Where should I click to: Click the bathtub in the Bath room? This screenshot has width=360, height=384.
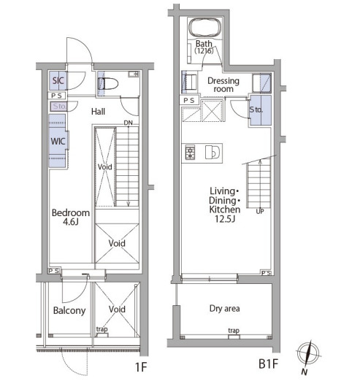205,28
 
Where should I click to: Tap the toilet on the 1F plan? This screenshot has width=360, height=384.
108,83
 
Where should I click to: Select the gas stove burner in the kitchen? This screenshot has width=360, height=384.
190,153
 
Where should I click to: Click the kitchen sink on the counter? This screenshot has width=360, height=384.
212,153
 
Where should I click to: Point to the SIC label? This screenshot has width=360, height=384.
58,80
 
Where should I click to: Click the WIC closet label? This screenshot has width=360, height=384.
58,142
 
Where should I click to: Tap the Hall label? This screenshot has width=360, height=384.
98,112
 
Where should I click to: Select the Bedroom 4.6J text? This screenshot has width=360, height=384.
71,218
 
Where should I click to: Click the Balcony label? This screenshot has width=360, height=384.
69,311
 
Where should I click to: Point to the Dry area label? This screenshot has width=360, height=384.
225,309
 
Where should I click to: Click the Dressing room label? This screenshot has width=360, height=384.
223,85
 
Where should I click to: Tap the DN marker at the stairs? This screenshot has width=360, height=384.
128,123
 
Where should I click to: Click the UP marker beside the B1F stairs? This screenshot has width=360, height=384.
260,211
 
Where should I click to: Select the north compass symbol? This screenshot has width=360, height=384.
308,355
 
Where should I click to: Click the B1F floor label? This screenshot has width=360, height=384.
269,364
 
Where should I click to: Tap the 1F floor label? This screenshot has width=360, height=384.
141,367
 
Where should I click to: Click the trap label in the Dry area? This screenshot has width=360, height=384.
234,331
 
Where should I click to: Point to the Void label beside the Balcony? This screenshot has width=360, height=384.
117,310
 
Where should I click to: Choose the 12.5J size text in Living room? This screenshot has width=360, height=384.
225,219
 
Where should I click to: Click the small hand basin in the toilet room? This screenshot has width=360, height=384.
133,74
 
